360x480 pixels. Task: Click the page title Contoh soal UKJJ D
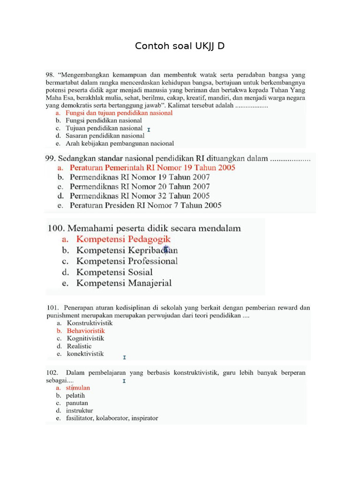pyautogui.click(x=180, y=46)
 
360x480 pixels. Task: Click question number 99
pyautogui.click(x=51, y=158)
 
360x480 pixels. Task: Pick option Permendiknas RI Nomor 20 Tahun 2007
pyautogui.click(x=140, y=186)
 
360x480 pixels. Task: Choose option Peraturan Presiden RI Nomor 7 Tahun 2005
pyautogui.click(x=145, y=205)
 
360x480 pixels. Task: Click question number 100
pyautogui.click(x=56, y=228)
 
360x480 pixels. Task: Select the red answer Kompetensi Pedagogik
pyautogui.click(x=123, y=240)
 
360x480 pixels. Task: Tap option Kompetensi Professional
pyautogui.click(x=127, y=261)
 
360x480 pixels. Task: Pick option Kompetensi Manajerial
pyautogui.click(x=124, y=283)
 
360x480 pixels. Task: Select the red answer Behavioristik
pyautogui.click(x=86, y=330)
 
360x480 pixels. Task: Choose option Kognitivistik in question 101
pyautogui.click(x=85, y=338)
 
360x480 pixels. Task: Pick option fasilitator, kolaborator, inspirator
pyautogui.click(x=112, y=418)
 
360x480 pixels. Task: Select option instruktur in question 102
pyautogui.click(x=80, y=410)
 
